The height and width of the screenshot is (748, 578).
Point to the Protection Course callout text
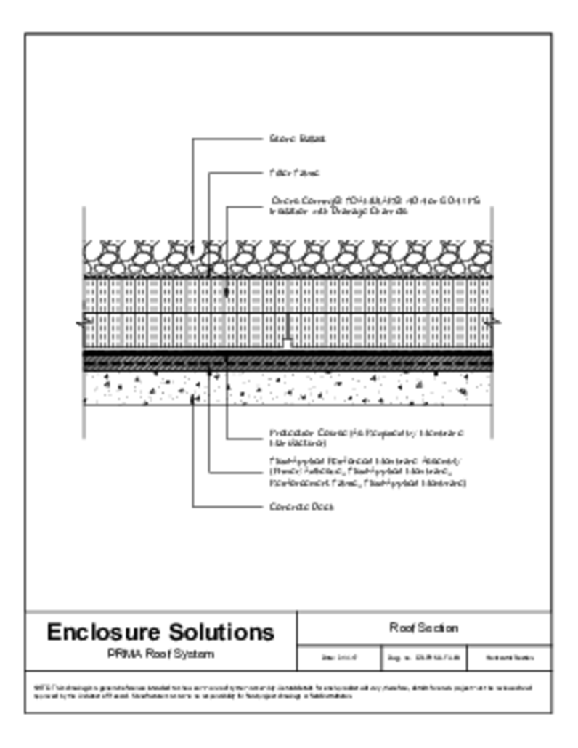pos(367,438)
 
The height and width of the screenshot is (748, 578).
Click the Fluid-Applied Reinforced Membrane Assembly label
pos(367,471)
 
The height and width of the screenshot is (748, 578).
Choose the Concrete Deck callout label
pos(301,506)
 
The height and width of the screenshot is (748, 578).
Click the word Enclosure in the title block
pos(105,632)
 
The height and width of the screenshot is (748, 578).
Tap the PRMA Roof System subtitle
pos(160,654)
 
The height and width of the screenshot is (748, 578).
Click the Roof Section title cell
pos(424,627)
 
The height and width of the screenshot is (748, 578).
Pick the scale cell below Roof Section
pos(339,658)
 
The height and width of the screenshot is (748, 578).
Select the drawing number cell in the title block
pos(424,658)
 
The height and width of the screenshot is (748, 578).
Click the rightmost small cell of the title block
pos(509,658)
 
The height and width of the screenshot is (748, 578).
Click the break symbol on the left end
pos(82,320)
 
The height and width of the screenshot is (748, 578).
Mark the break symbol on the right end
pos(494,320)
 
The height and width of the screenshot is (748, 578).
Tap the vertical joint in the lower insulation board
pos(288,330)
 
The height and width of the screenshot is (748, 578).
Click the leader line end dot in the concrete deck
pos(192,399)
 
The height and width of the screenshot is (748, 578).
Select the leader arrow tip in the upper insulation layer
pos(227,292)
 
